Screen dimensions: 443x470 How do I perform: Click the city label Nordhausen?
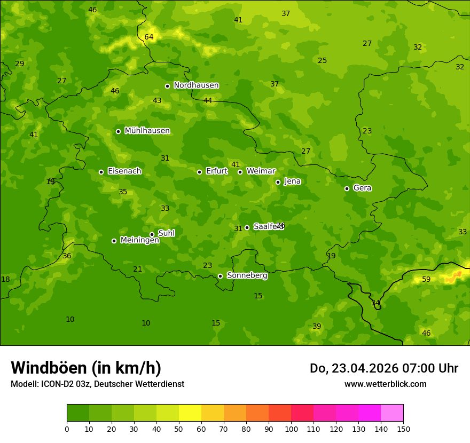click(196, 85)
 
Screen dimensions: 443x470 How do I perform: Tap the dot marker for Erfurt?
click(199, 172)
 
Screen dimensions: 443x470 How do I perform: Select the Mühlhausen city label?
click(147, 131)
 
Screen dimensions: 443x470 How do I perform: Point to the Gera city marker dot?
click(347, 188)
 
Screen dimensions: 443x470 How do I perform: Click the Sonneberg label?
click(247, 275)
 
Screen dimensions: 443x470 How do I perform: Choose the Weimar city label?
click(261, 171)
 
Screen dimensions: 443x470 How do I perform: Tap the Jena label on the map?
click(292, 181)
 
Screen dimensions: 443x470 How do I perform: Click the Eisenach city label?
click(124, 171)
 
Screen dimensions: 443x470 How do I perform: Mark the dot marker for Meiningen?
click(114, 241)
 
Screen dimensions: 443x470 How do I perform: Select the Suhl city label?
click(166, 233)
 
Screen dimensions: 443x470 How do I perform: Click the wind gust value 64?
click(149, 37)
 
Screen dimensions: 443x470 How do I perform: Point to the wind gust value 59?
click(426, 280)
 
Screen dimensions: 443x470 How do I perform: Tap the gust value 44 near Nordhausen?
click(208, 101)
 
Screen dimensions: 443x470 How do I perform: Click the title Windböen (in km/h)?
click(86, 368)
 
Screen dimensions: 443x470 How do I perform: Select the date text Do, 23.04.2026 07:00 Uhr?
click(383, 368)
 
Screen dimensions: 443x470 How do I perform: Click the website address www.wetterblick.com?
click(385, 384)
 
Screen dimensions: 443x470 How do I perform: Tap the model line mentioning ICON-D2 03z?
click(97, 384)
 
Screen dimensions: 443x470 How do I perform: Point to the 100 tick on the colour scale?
click(291, 429)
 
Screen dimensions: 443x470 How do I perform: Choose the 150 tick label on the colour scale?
click(403, 429)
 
